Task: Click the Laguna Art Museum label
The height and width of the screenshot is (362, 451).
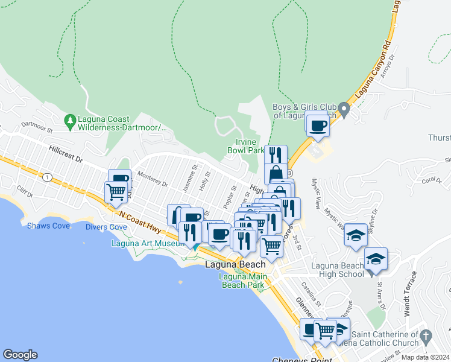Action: pos(147,243)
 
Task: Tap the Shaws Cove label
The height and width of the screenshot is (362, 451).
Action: pos(43,226)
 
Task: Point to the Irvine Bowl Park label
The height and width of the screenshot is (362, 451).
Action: pos(246,145)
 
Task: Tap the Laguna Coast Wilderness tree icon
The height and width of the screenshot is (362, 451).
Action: pos(71,120)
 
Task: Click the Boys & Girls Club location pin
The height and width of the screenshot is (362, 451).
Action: pos(344,110)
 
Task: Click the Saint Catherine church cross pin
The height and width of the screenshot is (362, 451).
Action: pos(426,335)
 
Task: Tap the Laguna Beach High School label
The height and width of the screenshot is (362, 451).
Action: pos(338,269)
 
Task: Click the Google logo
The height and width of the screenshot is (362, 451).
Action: pos(20,355)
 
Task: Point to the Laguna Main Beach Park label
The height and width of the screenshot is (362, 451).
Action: pos(241,281)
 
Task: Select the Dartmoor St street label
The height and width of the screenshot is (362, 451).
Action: pos(37,128)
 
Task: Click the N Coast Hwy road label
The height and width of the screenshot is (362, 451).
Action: pos(140,221)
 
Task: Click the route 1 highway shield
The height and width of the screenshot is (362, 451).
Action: pos(47,177)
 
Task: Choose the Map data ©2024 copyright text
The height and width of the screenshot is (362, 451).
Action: pos(425,357)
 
